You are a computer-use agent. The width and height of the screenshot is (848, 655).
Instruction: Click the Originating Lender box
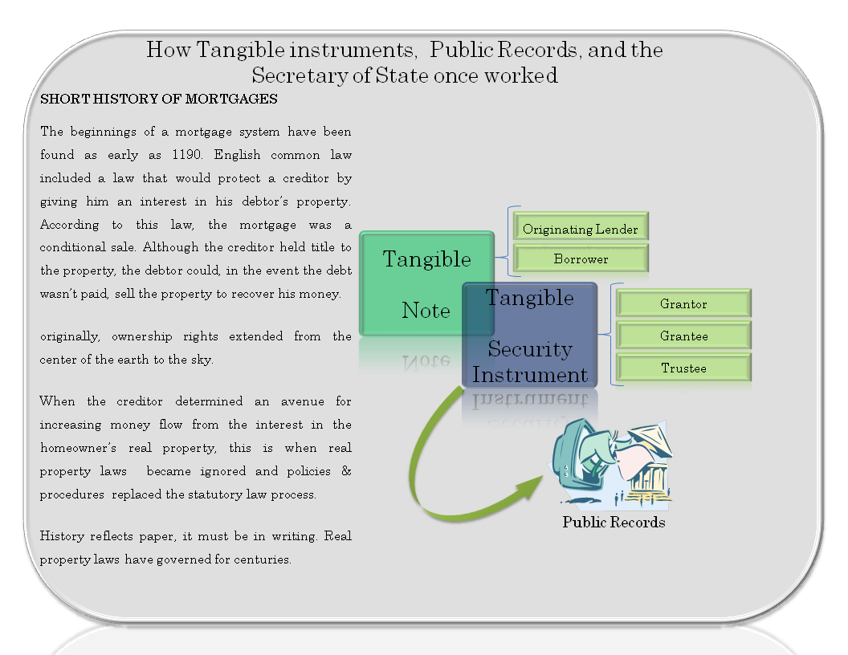(x=581, y=226)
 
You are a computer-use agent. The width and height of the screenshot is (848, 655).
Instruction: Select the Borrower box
(x=581, y=258)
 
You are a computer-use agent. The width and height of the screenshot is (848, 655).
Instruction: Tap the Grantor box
(x=683, y=303)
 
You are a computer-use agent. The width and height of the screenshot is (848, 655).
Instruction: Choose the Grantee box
(x=683, y=335)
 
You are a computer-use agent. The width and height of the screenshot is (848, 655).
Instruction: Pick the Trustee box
(x=683, y=367)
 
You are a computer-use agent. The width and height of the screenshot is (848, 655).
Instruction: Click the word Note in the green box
(x=426, y=311)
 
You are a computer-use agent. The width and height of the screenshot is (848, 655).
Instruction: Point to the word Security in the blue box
(x=530, y=349)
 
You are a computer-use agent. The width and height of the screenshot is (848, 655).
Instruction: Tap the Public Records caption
(x=614, y=522)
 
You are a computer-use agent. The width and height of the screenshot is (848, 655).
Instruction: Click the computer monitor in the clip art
(x=577, y=455)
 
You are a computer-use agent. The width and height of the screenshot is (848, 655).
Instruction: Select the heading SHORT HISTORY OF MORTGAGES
(x=159, y=99)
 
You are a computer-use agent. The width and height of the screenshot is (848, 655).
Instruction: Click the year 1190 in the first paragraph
(x=187, y=155)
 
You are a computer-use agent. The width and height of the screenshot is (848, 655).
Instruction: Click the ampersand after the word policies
(x=347, y=470)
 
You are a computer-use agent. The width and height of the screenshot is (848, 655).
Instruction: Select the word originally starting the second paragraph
(x=70, y=336)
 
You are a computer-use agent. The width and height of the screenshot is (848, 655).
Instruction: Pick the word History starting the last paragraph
(x=62, y=536)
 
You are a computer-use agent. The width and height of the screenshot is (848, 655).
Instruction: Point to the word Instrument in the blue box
(x=530, y=375)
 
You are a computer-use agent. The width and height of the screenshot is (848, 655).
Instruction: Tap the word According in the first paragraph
(x=70, y=225)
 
